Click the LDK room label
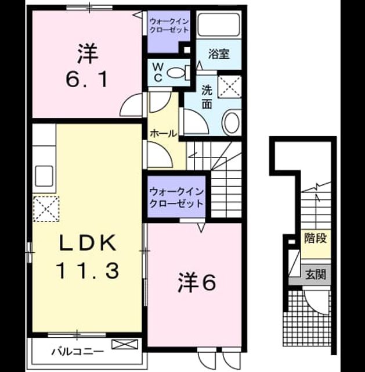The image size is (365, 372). pos(88,242)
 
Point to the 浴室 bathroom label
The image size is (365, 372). pos(219,54)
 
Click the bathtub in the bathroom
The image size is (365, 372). pos(218,24)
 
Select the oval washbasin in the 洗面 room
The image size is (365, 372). pos(232,123)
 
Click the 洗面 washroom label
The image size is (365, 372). pos(207,97)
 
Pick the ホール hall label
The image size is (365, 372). pos(164,134)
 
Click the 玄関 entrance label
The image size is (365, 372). pos(316,274)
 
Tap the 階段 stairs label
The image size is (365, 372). pos(316,238)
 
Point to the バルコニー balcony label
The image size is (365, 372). pos(78,351)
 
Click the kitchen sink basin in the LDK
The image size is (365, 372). pos(44,176)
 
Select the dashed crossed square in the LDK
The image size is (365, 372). pos(46,209)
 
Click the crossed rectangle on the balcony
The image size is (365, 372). pos(125,344)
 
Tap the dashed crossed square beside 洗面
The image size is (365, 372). pos(230,87)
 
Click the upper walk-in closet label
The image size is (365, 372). pos(169,26)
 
